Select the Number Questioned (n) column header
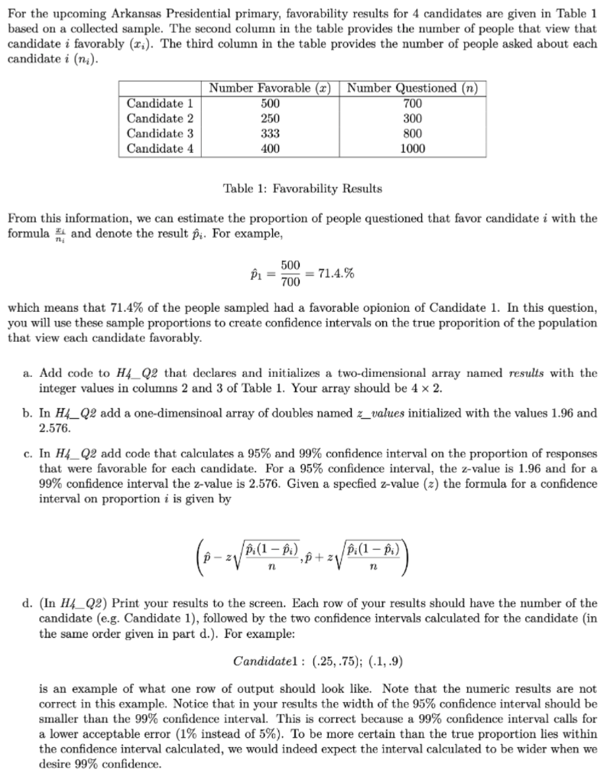click(x=412, y=87)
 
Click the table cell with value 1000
click(x=412, y=149)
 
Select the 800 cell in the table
click(x=412, y=134)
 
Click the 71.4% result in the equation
click(x=333, y=273)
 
